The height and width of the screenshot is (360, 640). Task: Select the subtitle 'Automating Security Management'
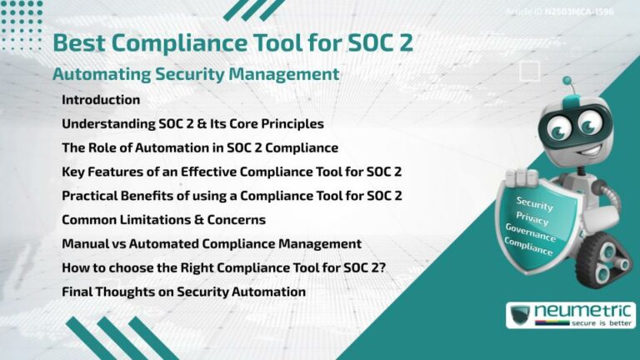tap(195, 74)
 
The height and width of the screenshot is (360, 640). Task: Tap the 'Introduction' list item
tap(101, 100)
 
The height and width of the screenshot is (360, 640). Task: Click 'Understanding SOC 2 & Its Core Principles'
tap(192, 124)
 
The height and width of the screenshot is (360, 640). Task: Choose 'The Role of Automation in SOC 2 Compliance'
tap(200, 148)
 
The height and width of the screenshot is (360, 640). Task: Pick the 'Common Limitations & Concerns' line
tap(163, 220)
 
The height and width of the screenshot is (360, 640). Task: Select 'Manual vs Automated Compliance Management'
tap(211, 244)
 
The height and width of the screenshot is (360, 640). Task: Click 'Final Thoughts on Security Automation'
tap(183, 292)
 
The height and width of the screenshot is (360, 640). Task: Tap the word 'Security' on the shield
tap(534, 202)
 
